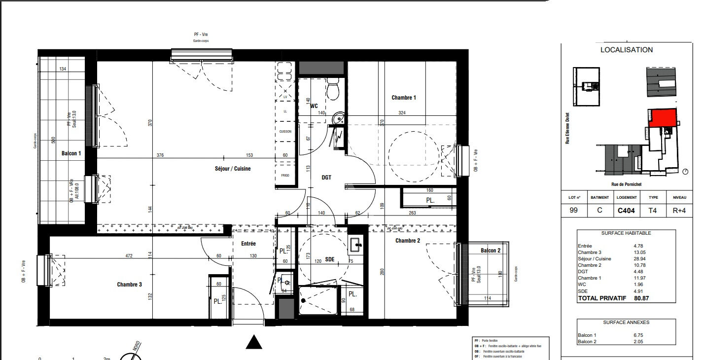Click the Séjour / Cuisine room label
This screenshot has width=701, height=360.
(233, 169)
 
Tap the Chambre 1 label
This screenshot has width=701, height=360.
(404, 98)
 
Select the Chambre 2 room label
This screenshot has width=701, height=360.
(408, 241)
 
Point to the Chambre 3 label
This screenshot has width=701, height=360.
(130, 285)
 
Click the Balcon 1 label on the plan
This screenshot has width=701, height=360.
(71, 153)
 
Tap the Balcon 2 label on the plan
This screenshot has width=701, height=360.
(491, 251)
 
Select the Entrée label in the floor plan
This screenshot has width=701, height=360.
(248, 244)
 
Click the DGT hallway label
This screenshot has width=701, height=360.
(326, 178)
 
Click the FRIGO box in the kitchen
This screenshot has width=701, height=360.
(285, 175)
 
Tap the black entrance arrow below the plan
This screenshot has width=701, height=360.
(253, 342)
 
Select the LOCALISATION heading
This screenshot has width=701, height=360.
(626, 50)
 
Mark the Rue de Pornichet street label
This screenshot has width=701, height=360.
(626, 184)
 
